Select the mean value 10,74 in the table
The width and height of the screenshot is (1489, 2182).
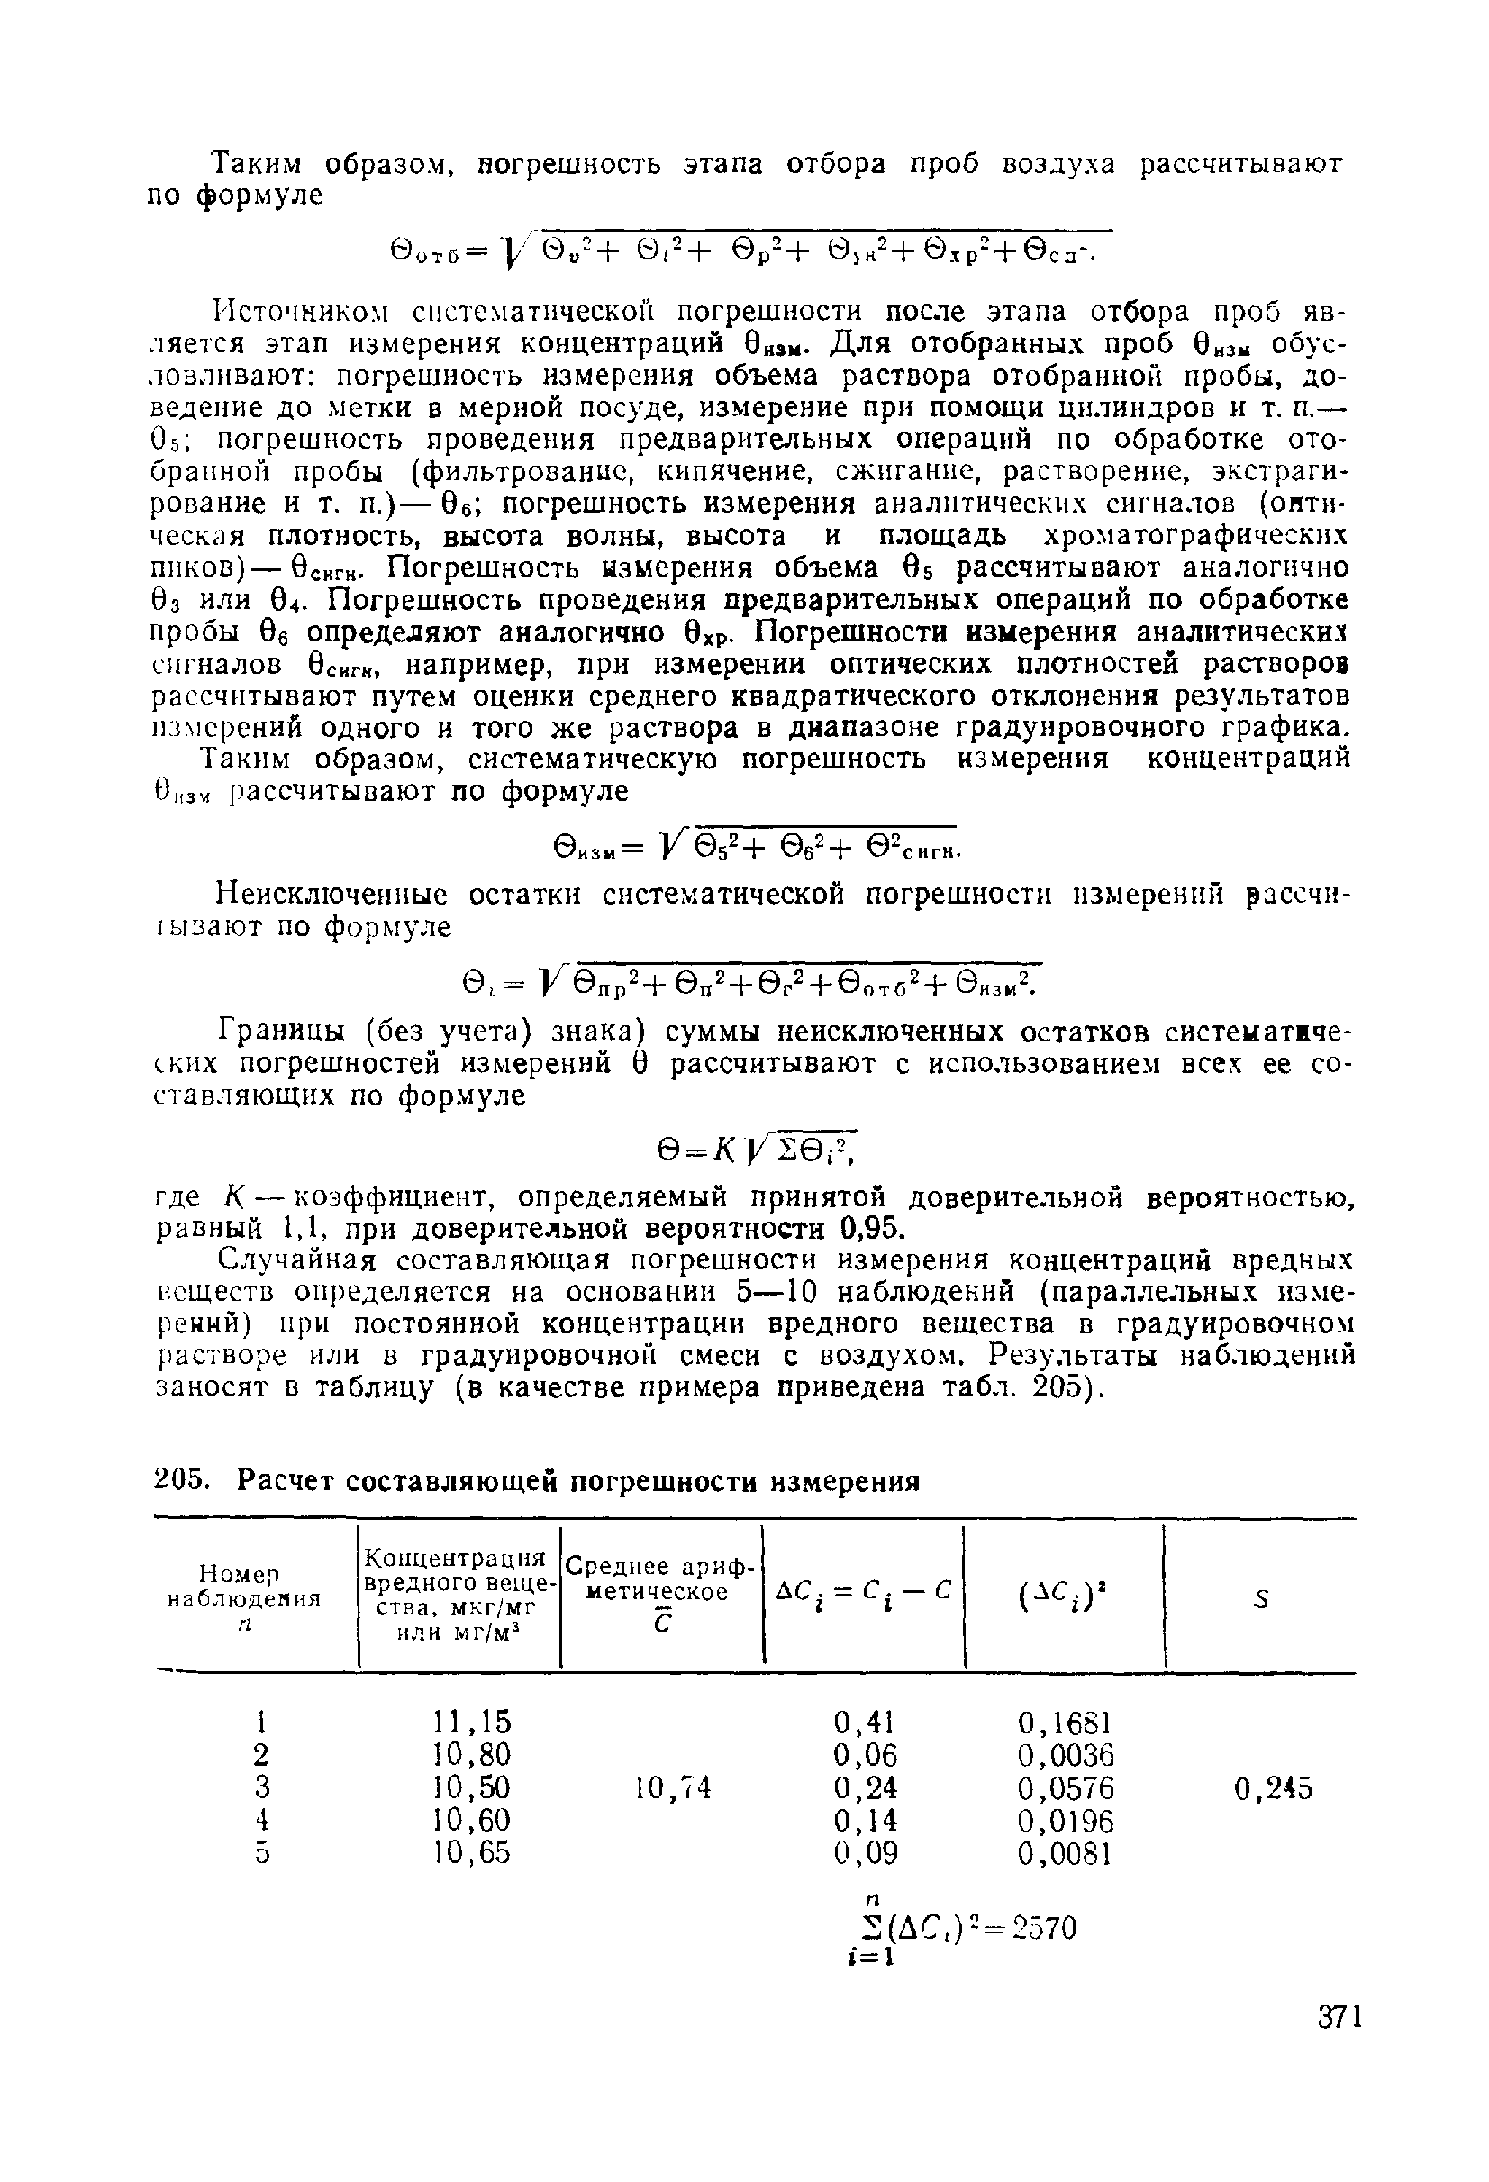(673, 1787)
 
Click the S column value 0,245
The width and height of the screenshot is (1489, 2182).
(1272, 1788)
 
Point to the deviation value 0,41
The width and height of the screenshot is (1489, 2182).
(865, 1721)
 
